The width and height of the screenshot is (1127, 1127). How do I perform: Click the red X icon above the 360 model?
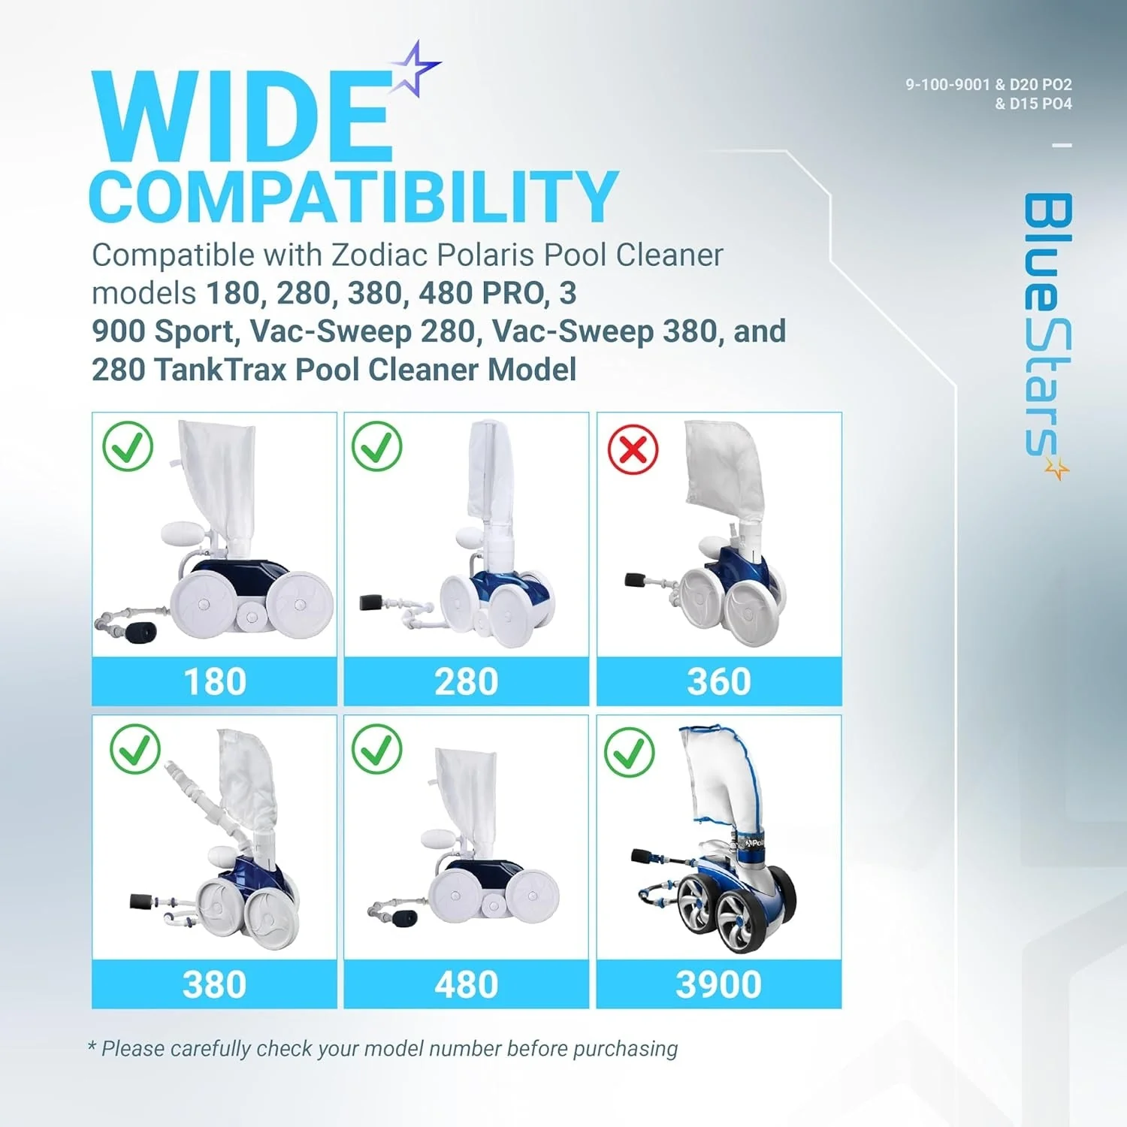[633, 449]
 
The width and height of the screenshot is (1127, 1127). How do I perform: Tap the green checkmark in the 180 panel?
[128, 446]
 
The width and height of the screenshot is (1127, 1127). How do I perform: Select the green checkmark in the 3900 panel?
[630, 752]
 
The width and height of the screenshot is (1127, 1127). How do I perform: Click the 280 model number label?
[466, 681]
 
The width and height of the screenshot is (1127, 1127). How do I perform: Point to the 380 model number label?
[214, 984]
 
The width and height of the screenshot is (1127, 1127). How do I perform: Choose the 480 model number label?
[466, 984]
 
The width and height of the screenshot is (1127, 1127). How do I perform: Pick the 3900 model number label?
[718, 984]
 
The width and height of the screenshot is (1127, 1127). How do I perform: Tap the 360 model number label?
[718, 681]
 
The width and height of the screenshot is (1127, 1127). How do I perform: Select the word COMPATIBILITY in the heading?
[353, 196]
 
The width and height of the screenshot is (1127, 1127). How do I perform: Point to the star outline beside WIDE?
[413, 69]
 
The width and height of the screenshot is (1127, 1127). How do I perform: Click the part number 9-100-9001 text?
[947, 85]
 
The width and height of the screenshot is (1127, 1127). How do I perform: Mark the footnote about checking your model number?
[382, 1048]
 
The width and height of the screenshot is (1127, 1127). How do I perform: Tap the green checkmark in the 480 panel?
[376, 749]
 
